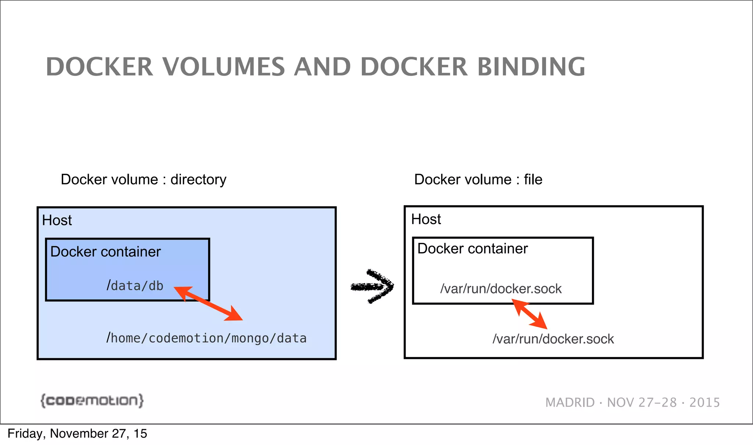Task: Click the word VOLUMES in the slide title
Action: click(x=224, y=67)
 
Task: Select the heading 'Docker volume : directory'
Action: click(x=143, y=180)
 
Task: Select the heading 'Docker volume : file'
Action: click(x=478, y=180)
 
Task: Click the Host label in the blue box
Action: click(x=57, y=220)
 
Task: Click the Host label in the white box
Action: click(x=426, y=219)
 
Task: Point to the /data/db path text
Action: click(x=135, y=286)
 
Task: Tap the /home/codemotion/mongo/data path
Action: click(x=206, y=338)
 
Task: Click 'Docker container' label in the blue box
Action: click(x=106, y=252)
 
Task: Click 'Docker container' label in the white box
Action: click(x=472, y=249)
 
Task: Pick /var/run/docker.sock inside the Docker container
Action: click(x=501, y=289)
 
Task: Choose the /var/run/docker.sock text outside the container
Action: click(x=553, y=339)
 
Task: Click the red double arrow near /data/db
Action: click(x=208, y=304)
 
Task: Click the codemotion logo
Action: click(x=92, y=400)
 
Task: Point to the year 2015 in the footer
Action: click(x=704, y=402)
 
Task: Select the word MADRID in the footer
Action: click(x=570, y=402)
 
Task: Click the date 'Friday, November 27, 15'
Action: click(x=77, y=434)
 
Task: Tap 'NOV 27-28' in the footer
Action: click(x=642, y=402)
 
